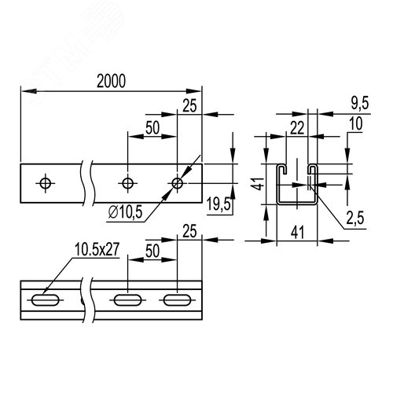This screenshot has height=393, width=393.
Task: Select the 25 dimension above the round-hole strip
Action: point(189,105)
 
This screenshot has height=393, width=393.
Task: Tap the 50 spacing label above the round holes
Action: point(152,128)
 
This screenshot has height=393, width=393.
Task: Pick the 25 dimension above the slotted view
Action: point(189,232)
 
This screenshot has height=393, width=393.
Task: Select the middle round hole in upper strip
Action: point(127,182)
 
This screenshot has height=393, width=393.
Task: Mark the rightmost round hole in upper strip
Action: point(178,182)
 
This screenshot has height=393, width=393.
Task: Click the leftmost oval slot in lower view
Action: point(45,299)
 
